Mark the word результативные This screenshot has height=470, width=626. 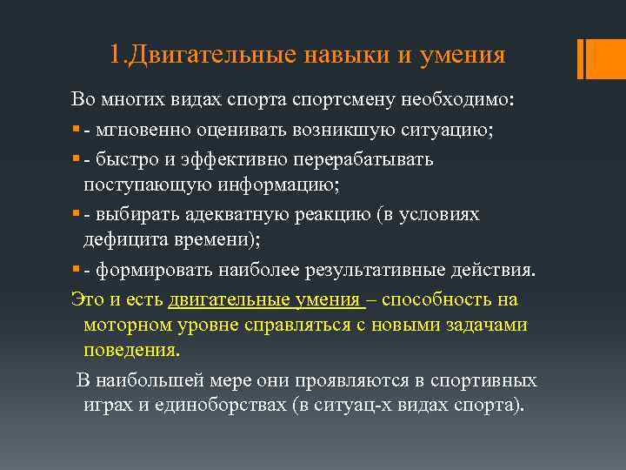364,271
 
